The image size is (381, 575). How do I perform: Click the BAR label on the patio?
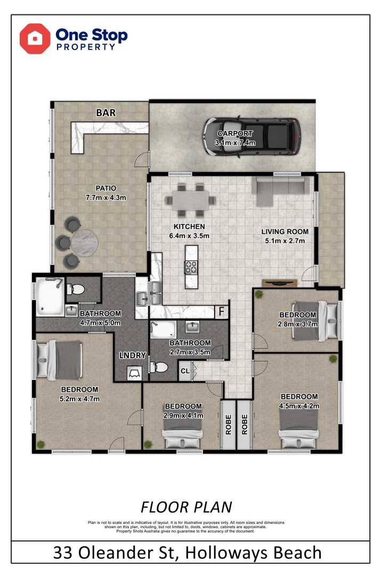(x=106, y=113)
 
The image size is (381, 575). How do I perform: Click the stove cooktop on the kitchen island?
(x=191, y=266)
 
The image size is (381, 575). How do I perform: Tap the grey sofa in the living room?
(x=281, y=191)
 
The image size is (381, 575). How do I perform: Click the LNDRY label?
(x=130, y=356)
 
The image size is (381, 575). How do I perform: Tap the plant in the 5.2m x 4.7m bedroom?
(x=41, y=442)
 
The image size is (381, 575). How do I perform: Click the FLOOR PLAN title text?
(x=186, y=506)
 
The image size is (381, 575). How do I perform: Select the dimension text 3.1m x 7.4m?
(x=235, y=143)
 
